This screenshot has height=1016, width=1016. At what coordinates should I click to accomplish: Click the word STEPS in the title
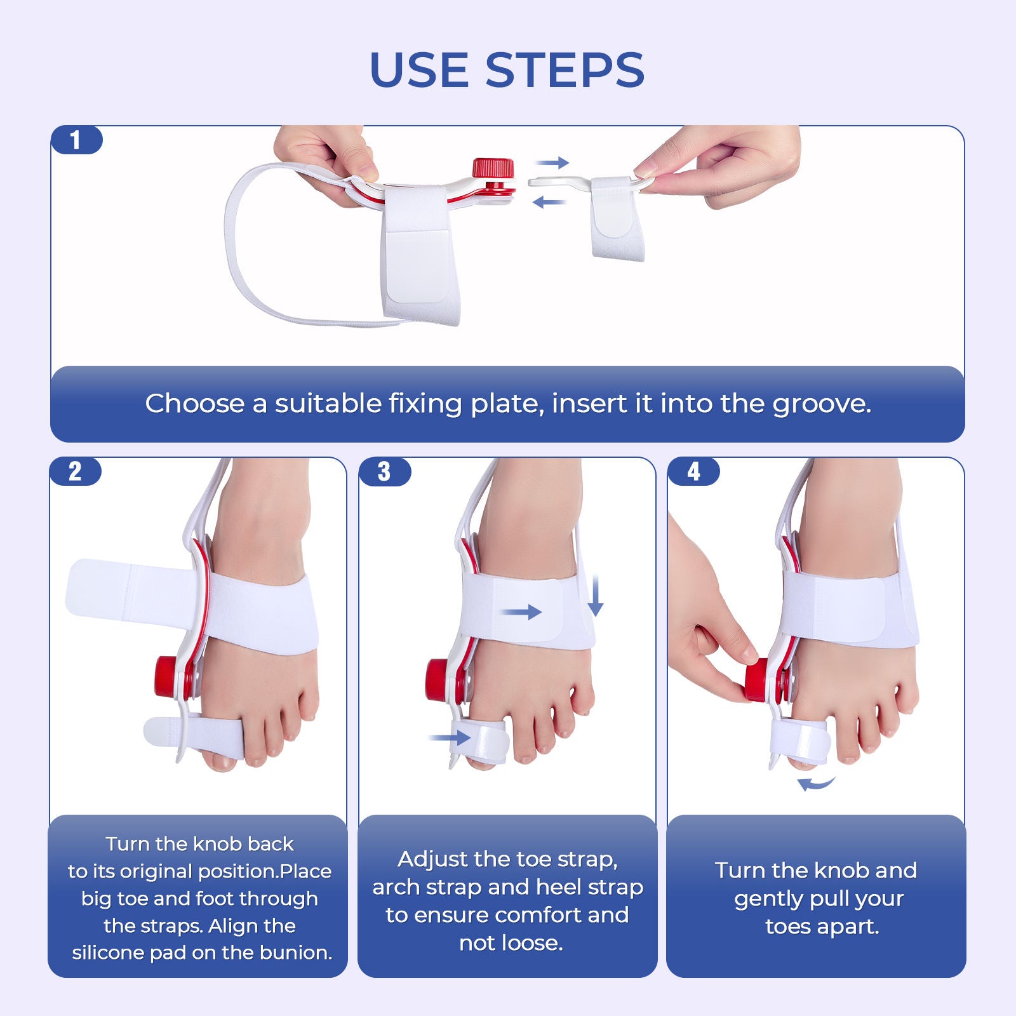tap(565, 70)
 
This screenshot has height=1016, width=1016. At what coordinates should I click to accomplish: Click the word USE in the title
tap(419, 70)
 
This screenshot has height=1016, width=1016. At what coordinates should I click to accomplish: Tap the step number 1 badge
tap(76, 140)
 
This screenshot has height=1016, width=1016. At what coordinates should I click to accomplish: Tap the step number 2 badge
tap(75, 472)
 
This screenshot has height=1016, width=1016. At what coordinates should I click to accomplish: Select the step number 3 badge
tap(384, 472)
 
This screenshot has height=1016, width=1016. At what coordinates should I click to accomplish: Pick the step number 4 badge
tap(693, 472)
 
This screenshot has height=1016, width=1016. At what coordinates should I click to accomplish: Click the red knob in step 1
tap(493, 169)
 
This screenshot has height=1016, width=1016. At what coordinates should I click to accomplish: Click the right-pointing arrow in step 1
tap(552, 163)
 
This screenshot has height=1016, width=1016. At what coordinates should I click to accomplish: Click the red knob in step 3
tap(438, 680)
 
